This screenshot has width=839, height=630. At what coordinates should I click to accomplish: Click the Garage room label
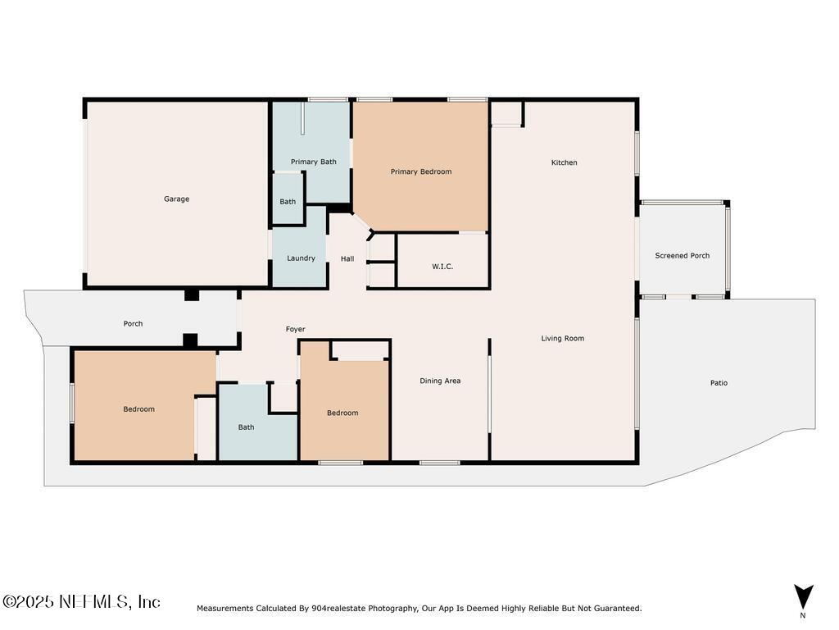(177, 199)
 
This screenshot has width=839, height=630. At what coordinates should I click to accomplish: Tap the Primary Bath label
(314, 162)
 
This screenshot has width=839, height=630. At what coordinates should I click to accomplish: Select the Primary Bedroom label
(421, 171)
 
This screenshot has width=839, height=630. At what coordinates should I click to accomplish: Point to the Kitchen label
(565, 162)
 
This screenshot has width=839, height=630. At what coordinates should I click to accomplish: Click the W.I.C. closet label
(442, 267)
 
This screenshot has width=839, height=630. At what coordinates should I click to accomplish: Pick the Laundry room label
(301, 258)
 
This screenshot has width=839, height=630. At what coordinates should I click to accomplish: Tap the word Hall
(347, 258)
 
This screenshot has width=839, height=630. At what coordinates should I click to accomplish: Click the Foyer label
(295, 330)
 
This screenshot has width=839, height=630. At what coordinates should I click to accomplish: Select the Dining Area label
(440, 381)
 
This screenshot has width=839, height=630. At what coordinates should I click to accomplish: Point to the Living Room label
(562, 338)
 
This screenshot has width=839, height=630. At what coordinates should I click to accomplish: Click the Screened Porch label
(683, 256)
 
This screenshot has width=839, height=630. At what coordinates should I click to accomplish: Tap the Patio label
(719, 382)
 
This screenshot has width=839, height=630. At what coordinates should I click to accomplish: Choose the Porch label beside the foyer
(134, 323)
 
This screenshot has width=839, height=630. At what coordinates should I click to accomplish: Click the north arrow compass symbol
(803, 598)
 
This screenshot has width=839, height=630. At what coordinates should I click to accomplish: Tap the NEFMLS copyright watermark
(81, 601)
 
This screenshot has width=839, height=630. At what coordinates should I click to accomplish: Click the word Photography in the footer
(392, 608)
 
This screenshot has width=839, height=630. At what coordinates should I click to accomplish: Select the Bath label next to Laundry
(288, 202)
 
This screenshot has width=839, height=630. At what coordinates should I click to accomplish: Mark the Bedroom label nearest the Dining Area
(342, 413)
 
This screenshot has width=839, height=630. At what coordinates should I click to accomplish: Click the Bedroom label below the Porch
(139, 409)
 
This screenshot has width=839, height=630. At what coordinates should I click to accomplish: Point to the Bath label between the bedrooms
(246, 427)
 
